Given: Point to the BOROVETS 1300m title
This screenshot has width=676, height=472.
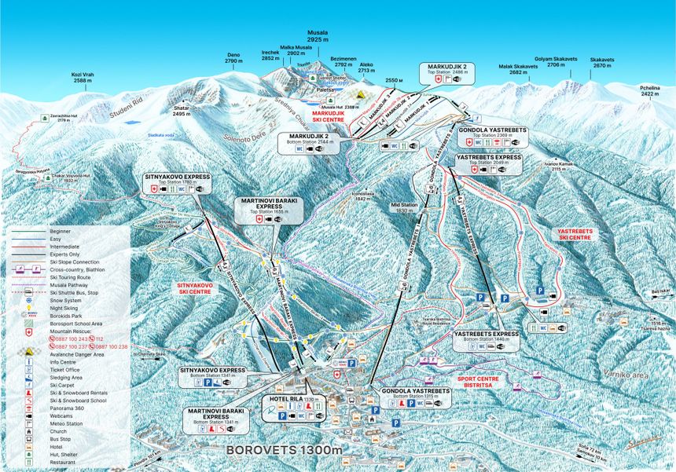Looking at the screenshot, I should coord(285,450).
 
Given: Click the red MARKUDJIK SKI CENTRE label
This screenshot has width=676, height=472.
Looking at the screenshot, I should coord(334,116).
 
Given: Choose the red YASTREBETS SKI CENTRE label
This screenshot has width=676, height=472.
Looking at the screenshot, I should coord(573,234).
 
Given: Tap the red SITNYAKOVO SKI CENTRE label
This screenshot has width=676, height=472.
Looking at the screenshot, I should coord(194,288).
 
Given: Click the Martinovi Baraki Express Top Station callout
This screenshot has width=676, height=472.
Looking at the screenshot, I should coord(270,210).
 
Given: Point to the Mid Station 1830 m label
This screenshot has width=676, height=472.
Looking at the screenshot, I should coord(402,207).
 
